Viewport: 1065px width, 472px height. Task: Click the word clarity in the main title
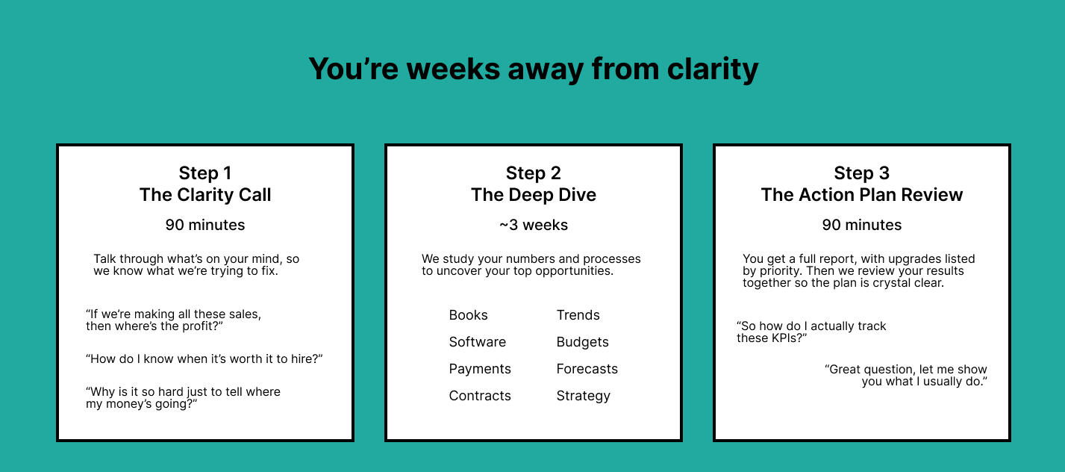(x=713, y=69)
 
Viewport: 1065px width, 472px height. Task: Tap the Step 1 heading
(x=205, y=173)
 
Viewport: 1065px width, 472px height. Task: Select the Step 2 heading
(x=534, y=173)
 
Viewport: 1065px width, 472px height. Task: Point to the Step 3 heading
(x=861, y=173)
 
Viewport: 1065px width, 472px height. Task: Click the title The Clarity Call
(x=205, y=195)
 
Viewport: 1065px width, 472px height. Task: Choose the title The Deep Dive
(x=534, y=195)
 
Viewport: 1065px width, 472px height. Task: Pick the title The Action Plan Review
(x=861, y=195)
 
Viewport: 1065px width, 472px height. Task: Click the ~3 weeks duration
(x=534, y=225)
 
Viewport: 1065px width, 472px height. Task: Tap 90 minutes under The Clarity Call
(x=205, y=225)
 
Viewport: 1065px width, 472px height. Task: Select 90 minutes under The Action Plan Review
(x=861, y=225)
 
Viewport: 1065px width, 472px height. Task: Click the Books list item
(x=468, y=315)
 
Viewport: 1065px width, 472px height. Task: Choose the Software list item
(x=478, y=341)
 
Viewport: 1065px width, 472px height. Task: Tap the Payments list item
(x=480, y=369)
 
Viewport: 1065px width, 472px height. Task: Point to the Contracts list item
(x=480, y=395)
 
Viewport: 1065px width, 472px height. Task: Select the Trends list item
(x=578, y=315)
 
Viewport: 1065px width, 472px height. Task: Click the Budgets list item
(x=582, y=342)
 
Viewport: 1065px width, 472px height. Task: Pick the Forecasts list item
(x=587, y=369)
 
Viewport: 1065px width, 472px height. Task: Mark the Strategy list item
(x=584, y=396)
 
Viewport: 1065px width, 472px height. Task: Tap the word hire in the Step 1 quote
(x=304, y=358)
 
